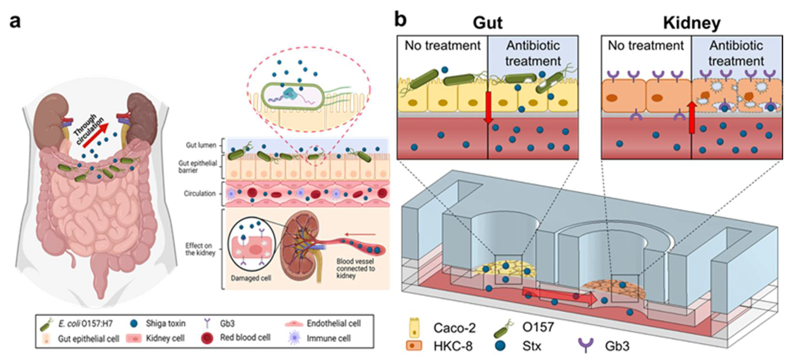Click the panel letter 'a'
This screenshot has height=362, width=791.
(15, 22)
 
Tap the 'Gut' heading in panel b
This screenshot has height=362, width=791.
(488, 23)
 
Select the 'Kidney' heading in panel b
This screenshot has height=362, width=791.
(692, 23)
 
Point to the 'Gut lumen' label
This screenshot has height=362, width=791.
(201, 145)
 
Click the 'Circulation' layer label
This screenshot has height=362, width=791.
(200, 193)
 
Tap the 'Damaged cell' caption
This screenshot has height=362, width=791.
(251, 278)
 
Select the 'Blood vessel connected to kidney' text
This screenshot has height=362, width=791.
(355, 268)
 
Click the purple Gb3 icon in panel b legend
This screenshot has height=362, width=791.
(585, 345)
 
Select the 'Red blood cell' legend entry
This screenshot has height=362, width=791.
(245, 338)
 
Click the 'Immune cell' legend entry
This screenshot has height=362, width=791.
(328, 338)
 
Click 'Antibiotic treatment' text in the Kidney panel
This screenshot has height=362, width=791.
(736, 53)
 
